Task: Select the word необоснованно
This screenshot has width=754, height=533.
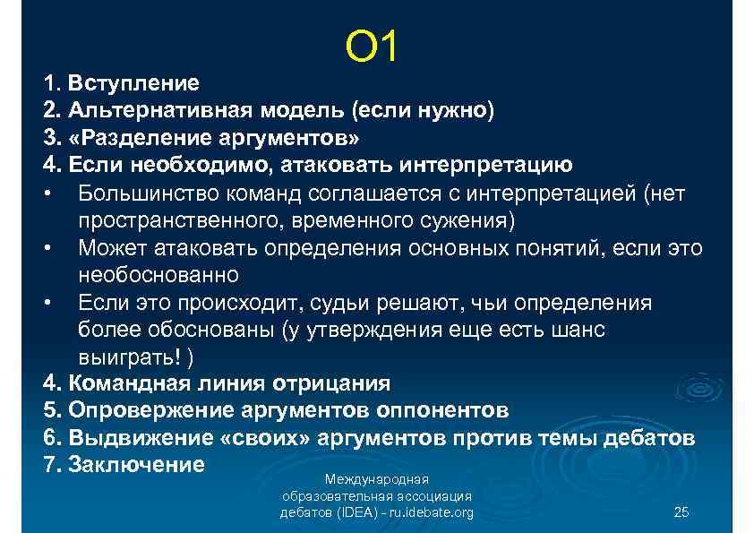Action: [159, 275]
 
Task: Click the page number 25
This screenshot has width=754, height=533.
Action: [681, 512]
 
